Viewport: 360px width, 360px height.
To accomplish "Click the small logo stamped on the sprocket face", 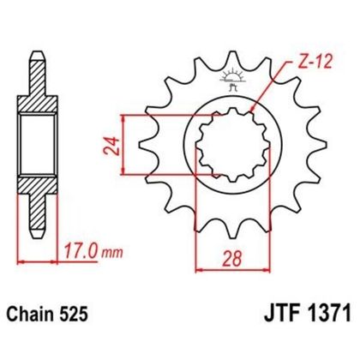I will [x=228, y=84].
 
